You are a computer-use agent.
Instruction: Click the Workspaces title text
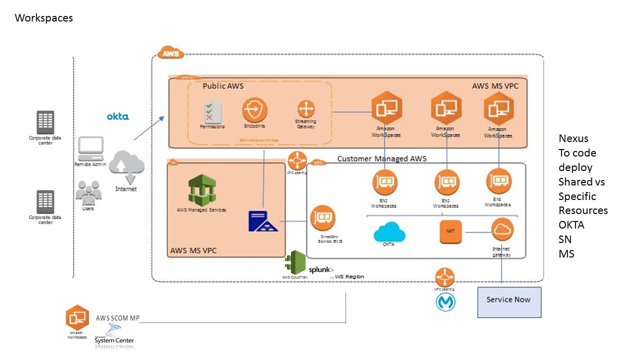(44, 18)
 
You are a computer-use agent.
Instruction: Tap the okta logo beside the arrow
(117, 116)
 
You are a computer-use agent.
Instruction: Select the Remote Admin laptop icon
(90, 148)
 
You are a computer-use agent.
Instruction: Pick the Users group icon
(88, 192)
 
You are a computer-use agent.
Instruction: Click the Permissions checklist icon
(212, 111)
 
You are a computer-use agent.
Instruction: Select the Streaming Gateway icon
(305, 109)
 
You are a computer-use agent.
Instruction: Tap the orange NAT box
(450, 232)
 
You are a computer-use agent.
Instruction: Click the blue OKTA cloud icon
(389, 231)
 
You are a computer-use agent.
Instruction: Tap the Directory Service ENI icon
(322, 218)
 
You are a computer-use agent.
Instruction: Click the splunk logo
(321, 269)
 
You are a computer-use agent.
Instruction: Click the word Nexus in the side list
(573, 138)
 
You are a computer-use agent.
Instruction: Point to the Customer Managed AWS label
(381, 158)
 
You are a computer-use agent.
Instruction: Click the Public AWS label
(223, 86)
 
